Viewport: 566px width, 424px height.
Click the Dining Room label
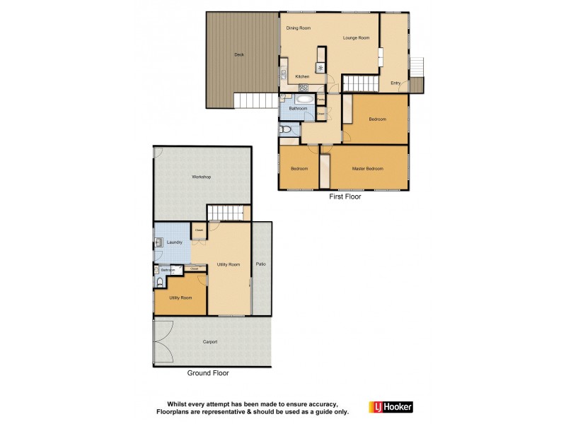298,28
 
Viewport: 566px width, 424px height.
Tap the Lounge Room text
356,37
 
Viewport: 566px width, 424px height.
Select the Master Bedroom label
367,168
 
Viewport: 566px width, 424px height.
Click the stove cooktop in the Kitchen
320,69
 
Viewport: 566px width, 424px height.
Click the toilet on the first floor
285,130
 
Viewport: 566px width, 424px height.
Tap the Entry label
395,83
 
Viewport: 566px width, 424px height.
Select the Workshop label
201,177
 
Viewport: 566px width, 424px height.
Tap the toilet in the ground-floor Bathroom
159,281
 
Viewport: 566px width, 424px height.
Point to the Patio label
260,264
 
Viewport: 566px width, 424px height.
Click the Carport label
209,341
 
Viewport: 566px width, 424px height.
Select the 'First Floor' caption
345,197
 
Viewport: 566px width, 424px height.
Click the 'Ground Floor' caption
207,372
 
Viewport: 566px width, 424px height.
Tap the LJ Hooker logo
391,406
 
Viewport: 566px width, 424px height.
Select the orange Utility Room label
180,298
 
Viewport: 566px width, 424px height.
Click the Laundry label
174,242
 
